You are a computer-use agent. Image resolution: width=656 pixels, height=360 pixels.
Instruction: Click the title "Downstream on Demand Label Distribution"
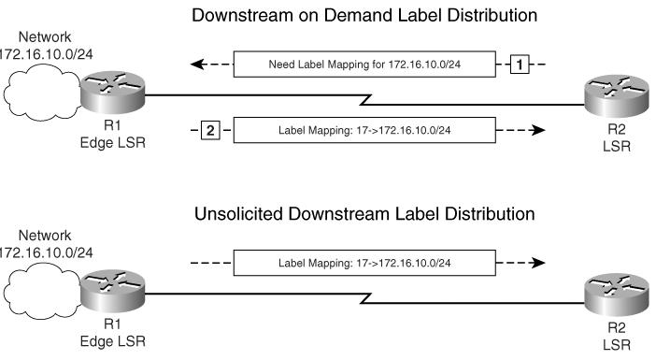(364, 16)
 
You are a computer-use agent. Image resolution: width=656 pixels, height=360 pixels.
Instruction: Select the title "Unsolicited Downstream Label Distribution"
(364, 214)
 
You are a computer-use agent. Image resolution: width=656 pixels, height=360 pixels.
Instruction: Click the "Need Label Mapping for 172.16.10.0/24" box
(364, 65)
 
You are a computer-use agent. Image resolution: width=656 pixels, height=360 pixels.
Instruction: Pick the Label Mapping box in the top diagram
(364, 129)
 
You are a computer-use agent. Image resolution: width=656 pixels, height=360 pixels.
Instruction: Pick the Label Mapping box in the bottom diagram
(364, 263)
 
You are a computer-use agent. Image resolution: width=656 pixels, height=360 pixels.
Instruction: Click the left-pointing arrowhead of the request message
(196, 65)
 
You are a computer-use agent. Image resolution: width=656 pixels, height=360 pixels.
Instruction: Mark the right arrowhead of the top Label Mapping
(537, 129)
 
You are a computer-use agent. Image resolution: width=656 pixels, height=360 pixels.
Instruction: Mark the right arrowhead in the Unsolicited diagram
(537, 263)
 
